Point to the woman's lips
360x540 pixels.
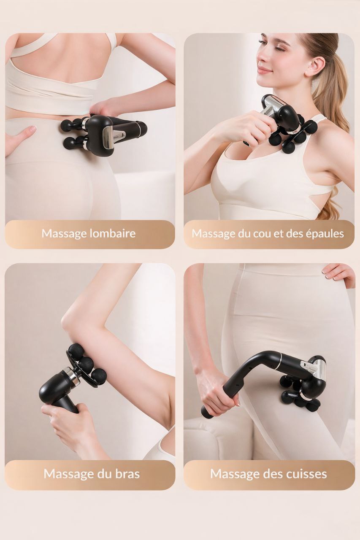(264, 70)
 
